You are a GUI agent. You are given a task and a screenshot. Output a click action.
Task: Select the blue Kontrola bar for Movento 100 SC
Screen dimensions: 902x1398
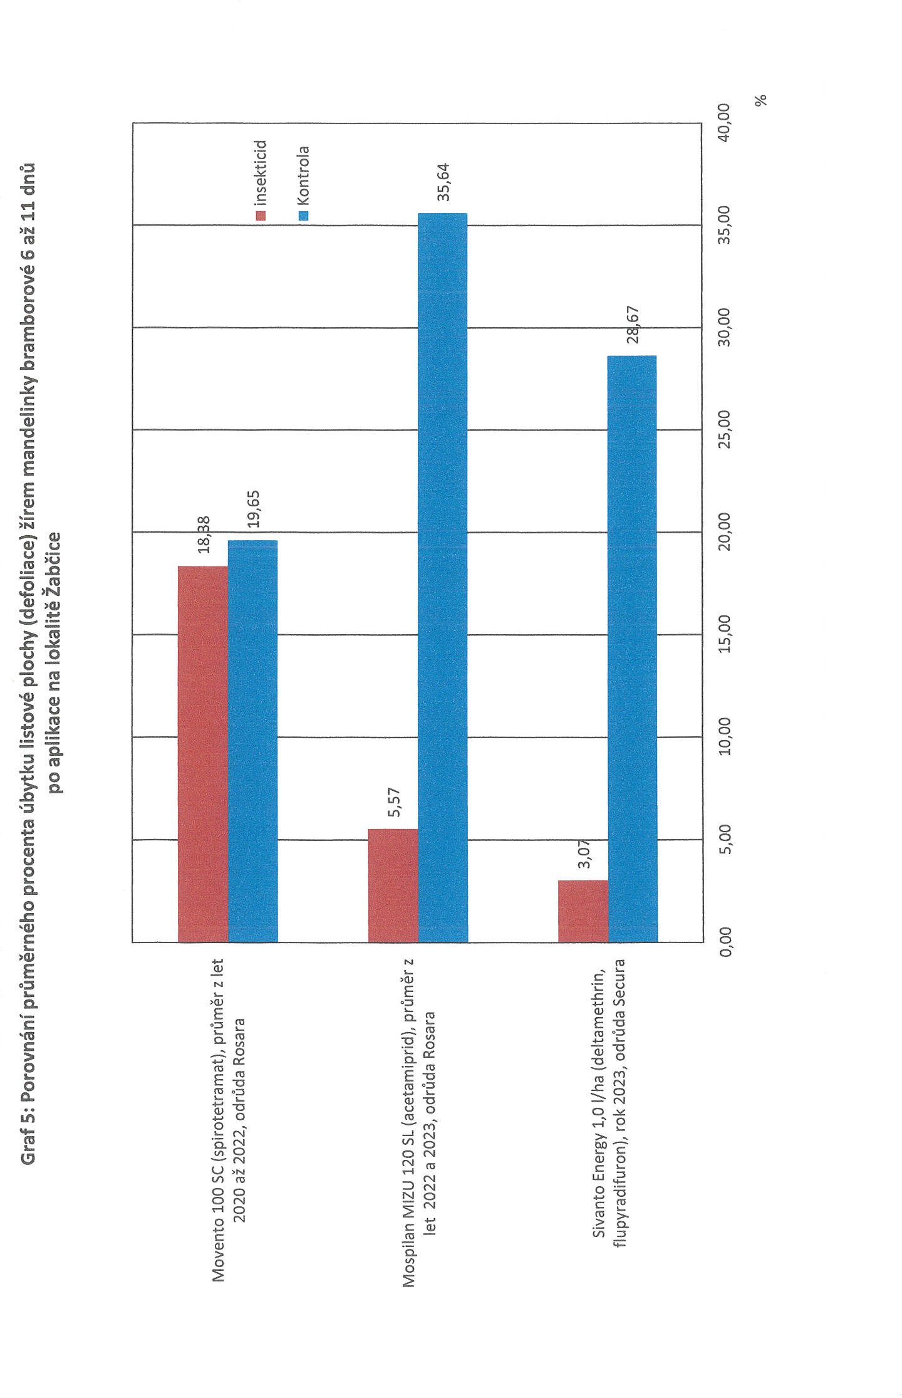pos(252,741)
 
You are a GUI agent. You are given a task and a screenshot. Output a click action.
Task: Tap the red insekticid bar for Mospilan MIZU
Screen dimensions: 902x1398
pos(393,885)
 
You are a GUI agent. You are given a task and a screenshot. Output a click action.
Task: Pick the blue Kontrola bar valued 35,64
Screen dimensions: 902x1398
pos(442,577)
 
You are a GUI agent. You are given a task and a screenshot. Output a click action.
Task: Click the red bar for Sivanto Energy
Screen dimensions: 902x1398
pos(583,910)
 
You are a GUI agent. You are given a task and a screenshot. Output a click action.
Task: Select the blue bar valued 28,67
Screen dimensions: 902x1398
pos(632,648)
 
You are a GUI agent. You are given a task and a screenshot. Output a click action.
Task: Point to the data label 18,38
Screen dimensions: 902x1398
pos(204,535)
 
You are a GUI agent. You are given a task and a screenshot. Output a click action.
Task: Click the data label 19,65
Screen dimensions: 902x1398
pos(253,509)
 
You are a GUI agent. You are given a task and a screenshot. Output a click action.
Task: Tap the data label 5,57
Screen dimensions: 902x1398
pos(394,802)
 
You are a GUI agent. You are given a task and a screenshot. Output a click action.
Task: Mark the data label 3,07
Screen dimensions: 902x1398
pos(584,853)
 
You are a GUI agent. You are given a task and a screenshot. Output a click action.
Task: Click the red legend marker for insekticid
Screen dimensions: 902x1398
pos(261,216)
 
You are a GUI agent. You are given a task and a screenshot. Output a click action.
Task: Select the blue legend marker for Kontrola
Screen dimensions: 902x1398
pos(304,216)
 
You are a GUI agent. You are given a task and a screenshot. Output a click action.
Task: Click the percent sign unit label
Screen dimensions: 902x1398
pos(761,100)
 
